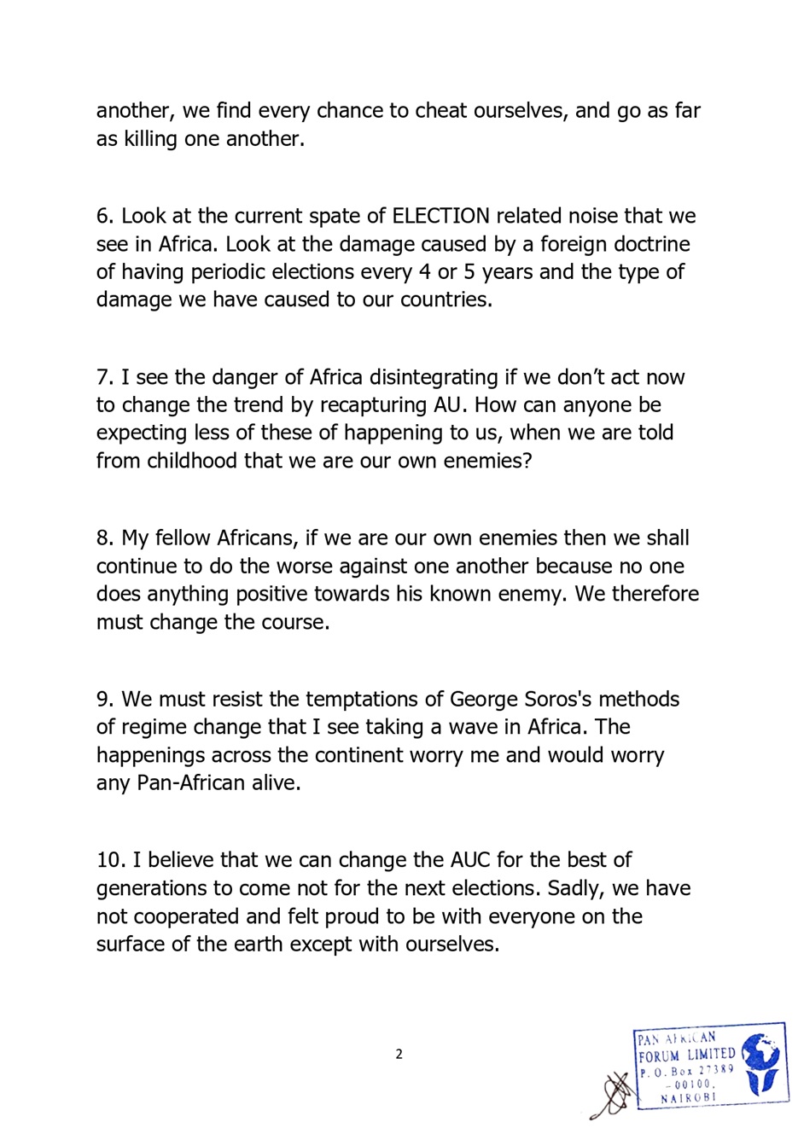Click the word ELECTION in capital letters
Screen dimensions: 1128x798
coord(440,216)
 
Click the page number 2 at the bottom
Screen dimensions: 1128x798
coord(399,1054)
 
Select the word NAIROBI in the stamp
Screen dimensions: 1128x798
coord(689,1097)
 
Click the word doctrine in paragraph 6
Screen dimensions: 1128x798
coord(649,244)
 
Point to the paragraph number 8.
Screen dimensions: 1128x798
coord(104,538)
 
